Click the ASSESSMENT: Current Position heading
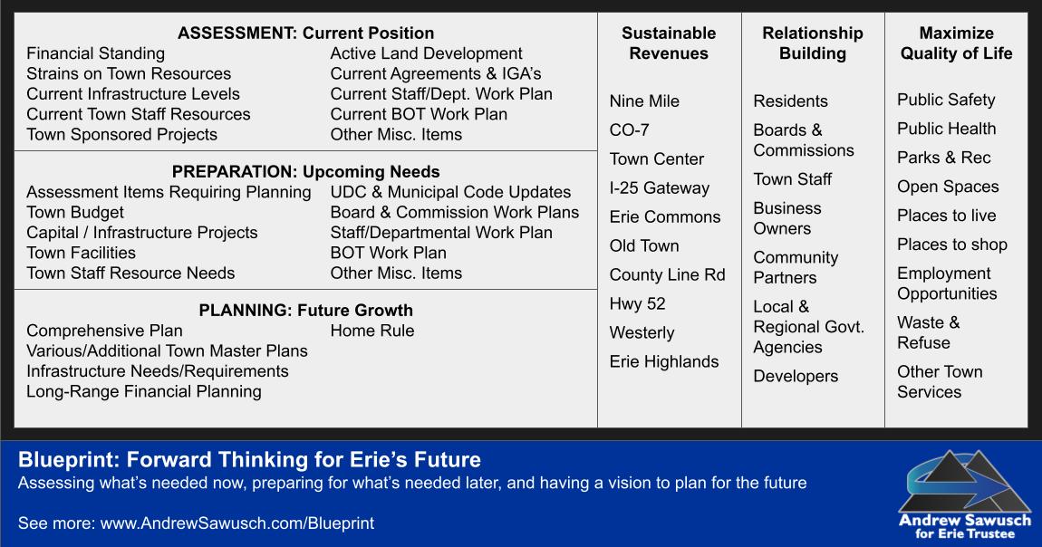coord(305,34)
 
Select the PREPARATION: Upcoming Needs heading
coord(305,172)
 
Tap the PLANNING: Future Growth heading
coord(305,310)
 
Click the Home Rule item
coord(372,331)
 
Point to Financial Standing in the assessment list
coord(96,53)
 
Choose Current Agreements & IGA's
coord(436,73)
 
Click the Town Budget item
coord(75,213)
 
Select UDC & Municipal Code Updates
coord(450,193)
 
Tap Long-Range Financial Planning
coord(144,391)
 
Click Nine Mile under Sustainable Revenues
coord(644,101)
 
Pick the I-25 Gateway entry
coord(660,187)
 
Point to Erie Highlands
coord(664,361)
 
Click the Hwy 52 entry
coord(637,304)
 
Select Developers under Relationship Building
coord(796,377)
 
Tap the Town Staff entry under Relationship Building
coord(792,179)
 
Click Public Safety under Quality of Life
coord(946,101)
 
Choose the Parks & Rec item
coord(943,158)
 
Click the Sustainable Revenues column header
coord(669,43)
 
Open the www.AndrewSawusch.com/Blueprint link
coord(237,523)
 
